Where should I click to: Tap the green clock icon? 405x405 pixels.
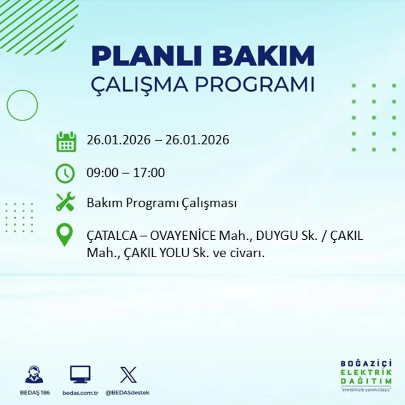click(x=65, y=174)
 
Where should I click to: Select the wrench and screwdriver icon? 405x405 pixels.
click(x=65, y=202)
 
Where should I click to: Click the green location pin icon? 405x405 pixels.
click(x=64, y=234)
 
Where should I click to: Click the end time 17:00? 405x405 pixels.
click(x=149, y=173)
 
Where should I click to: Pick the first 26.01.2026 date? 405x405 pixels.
click(x=118, y=140)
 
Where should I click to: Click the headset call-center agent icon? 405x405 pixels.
click(x=34, y=375)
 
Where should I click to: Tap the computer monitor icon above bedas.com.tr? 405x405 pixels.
click(x=80, y=374)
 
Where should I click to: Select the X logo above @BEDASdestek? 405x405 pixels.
click(x=128, y=375)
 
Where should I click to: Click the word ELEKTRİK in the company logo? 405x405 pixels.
click(x=366, y=372)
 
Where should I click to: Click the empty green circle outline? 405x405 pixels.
click(x=22, y=105)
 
